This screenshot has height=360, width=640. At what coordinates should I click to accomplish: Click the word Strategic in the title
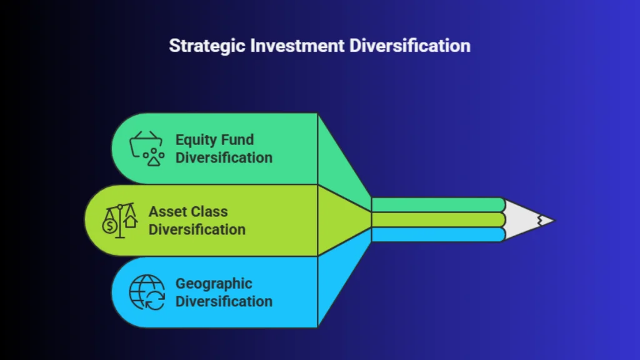tap(207, 46)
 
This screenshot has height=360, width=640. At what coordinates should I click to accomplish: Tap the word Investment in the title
tap(297, 45)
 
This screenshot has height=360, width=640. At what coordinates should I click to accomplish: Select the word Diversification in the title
tap(410, 45)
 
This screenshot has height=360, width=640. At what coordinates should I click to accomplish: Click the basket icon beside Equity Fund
tap(147, 149)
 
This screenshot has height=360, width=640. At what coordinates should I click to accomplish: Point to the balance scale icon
tap(119, 221)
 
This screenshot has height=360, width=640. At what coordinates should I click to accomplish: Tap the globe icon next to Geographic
tap(147, 292)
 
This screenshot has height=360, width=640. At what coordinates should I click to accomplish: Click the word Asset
tap(166, 211)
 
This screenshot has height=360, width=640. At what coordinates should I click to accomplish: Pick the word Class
tap(209, 211)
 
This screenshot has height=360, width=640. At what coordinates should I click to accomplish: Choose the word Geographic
tap(214, 284)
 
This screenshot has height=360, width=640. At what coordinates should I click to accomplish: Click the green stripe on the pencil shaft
tap(438, 205)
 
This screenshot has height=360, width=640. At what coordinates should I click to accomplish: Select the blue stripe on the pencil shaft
tap(438, 235)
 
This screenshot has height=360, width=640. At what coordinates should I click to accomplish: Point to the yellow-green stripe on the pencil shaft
tap(438, 220)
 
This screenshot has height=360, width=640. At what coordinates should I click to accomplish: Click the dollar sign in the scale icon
tap(109, 226)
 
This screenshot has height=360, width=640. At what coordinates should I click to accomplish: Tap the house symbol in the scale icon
tap(131, 221)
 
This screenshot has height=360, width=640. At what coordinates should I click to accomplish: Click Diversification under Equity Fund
tap(224, 157)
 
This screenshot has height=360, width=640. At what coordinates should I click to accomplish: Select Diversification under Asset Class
tap(197, 229)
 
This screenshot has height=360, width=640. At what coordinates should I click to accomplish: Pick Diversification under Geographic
tap(224, 301)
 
